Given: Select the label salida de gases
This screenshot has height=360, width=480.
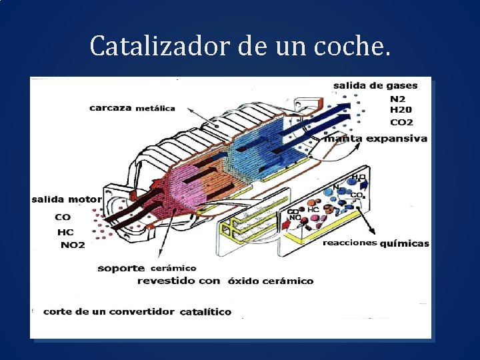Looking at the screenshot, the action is [375, 85].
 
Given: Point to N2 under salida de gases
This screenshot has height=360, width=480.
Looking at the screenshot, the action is [397, 98].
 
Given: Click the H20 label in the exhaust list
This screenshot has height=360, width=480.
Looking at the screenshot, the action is [401, 110].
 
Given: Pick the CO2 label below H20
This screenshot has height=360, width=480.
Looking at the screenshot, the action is [401, 122].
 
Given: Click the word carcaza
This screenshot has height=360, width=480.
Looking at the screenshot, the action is [111, 108].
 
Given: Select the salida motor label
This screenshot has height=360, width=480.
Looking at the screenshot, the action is [67, 199].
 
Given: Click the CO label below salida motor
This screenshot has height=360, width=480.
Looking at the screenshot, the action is [63, 217].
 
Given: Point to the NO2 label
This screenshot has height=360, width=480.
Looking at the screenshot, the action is [73, 245].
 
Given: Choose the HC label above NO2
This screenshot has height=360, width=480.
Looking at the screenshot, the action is [65, 231].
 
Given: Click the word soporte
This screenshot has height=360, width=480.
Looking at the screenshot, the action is [121, 268].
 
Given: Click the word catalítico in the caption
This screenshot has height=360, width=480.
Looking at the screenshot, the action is [206, 311].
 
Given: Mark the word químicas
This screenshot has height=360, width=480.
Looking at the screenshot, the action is [405, 243].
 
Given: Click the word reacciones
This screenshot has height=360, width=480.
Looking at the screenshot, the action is [350, 243].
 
